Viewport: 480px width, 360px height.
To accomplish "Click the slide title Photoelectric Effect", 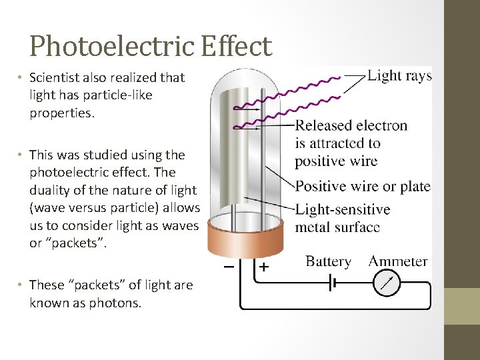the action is click(x=151, y=47).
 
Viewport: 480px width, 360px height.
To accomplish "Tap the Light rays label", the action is click(x=399, y=75).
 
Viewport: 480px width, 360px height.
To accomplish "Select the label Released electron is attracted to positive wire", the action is click(x=351, y=143).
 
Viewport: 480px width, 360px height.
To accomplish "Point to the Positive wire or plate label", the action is click(x=363, y=186).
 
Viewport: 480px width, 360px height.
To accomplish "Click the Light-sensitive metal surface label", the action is click(x=343, y=217).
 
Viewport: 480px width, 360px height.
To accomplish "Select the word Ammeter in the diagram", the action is click(x=398, y=261).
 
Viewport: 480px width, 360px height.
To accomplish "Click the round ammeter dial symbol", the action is click(x=387, y=284).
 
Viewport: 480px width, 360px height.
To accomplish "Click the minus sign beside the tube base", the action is click(x=229, y=267).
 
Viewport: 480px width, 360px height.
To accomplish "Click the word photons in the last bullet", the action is click(x=119, y=303).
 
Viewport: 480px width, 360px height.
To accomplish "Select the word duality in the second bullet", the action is click(x=53, y=190).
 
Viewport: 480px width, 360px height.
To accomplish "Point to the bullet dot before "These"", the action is click(x=21, y=285).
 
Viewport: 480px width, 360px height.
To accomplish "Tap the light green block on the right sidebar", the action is click(x=461, y=306).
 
